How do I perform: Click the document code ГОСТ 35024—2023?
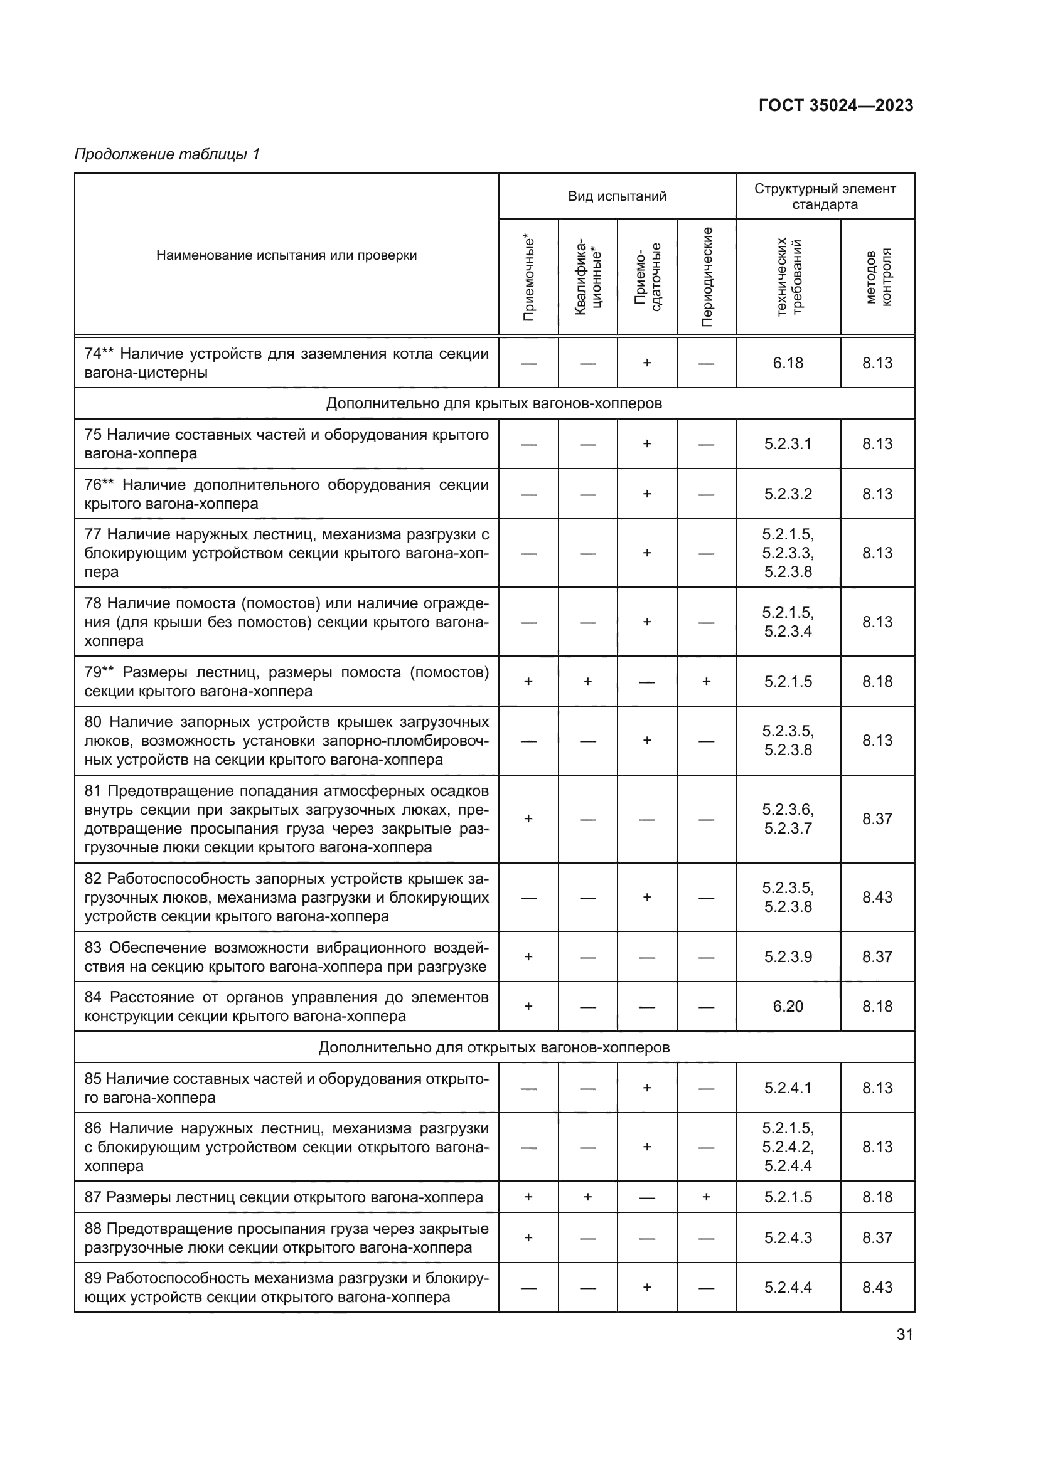[835, 105]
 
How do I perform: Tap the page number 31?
[904, 1334]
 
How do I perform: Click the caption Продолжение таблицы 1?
[167, 154]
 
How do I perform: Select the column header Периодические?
[706, 276]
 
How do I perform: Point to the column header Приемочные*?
[528, 276]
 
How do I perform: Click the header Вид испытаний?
[617, 196]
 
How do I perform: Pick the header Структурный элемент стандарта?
[825, 196]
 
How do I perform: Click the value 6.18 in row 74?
[788, 363]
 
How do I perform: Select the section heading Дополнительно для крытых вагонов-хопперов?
[494, 403]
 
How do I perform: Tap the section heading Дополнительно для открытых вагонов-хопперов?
[494, 1047]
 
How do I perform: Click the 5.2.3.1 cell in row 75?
[788, 443]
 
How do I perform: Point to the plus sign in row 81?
[528, 818]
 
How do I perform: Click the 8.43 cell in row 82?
[877, 897]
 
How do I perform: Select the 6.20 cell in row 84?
[788, 1006]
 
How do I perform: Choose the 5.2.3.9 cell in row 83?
[788, 956]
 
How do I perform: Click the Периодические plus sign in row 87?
[706, 1197]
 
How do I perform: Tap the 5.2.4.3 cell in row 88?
[788, 1237]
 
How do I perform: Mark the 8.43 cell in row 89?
[877, 1287]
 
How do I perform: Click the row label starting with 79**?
[286, 681]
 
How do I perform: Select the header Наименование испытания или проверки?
[286, 255]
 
